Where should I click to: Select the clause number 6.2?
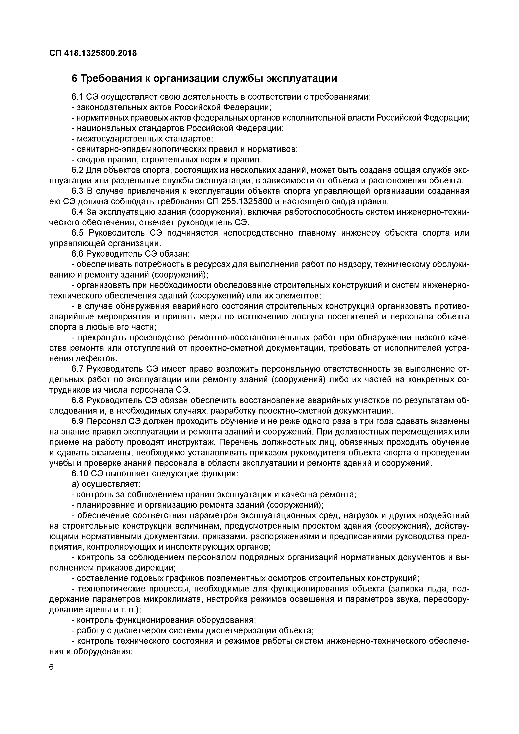(x=78, y=170)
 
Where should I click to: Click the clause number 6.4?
(x=78, y=212)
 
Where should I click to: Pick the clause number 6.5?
(x=78, y=233)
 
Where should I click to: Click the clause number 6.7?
(x=78, y=369)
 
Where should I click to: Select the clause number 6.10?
(x=80, y=474)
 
